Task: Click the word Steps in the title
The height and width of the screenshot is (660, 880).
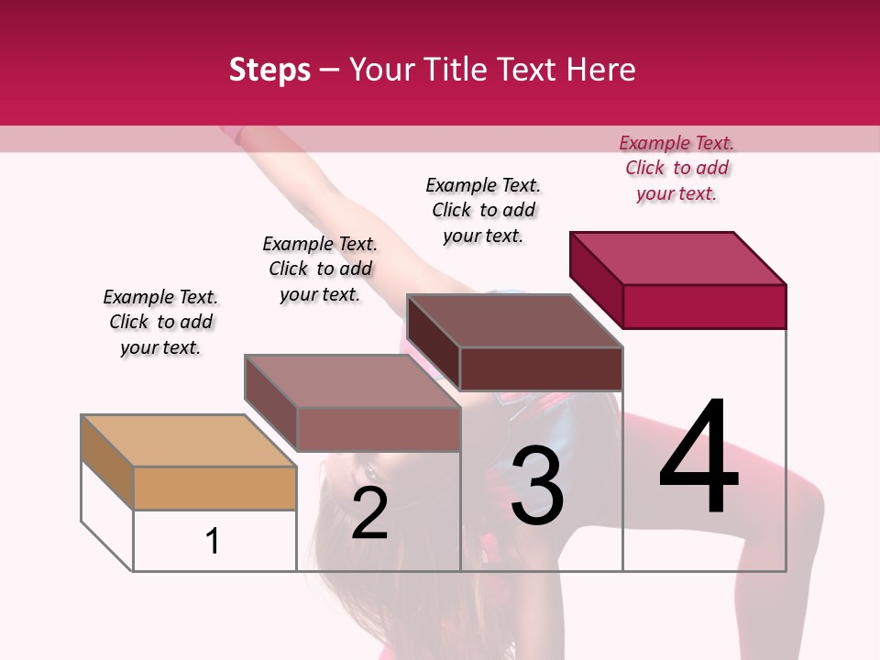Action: pyautogui.click(x=269, y=71)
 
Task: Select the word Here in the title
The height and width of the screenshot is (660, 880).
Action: pyautogui.click(x=599, y=70)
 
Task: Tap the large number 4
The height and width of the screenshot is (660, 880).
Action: pyautogui.click(x=698, y=458)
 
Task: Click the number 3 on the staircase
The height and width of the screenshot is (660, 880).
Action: pyautogui.click(x=537, y=486)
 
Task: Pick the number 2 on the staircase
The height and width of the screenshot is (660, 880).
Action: pyautogui.click(x=369, y=513)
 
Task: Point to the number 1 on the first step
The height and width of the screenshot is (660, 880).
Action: pyautogui.click(x=213, y=541)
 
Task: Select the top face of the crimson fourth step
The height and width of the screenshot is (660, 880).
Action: pyautogui.click(x=678, y=258)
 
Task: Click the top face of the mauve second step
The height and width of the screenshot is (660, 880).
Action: pyautogui.click(x=352, y=381)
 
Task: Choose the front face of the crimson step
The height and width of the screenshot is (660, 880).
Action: pyautogui.click(x=704, y=306)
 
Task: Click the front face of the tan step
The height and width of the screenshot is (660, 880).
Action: pyautogui.click(x=214, y=488)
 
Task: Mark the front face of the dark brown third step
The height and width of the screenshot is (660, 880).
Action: pyautogui.click(x=541, y=368)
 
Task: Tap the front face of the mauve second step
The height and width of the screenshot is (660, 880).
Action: pyautogui.click(x=378, y=429)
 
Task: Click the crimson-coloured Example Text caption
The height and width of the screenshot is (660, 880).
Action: pyautogui.click(x=676, y=168)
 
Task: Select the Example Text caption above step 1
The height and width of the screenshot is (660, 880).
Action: pyautogui.click(x=160, y=322)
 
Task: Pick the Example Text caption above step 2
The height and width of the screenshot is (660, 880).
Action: pyautogui.click(x=320, y=269)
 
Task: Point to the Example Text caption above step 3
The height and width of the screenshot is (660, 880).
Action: pyautogui.click(x=483, y=210)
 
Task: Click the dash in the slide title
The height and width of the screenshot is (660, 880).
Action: pyautogui.click(x=329, y=71)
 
